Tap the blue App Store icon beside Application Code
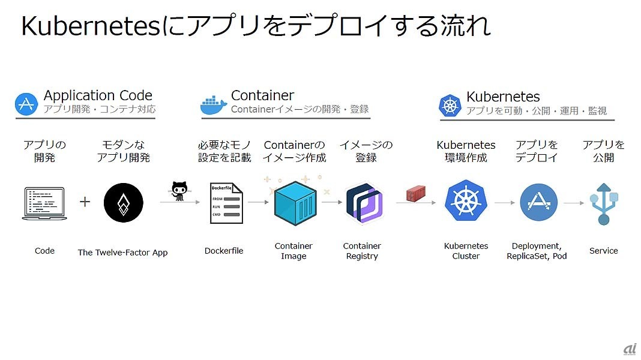point(26,104)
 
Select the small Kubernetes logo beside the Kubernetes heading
point(450,105)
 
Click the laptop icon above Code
point(44,203)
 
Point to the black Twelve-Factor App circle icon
point(123,203)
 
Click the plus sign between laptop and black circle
point(85,202)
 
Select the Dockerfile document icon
point(226,203)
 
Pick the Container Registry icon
point(363,203)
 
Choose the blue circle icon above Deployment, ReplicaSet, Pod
point(538,203)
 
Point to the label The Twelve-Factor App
point(122,253)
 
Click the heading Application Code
point(98,95)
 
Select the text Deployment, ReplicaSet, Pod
point(537,251)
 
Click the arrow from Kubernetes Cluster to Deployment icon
point(504,203)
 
